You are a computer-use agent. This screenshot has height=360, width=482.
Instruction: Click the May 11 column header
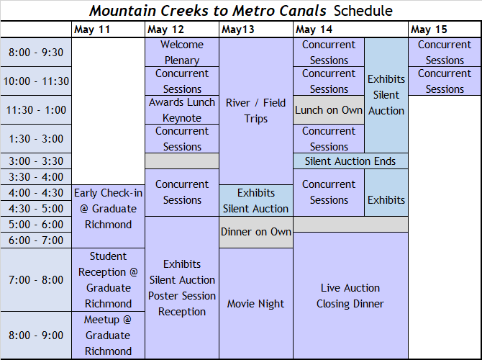click(x=92, y=30)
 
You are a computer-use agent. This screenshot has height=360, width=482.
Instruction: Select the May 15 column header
click(x=429, y=30)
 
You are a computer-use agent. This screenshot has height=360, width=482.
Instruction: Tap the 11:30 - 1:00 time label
click(x=36, y=110)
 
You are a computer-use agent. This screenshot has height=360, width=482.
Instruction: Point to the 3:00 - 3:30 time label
click(x=36, y=161)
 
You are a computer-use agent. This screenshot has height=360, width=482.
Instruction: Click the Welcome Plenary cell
click(x=182, y=52)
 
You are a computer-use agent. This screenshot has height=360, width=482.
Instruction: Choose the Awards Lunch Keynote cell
click(x=182, y=110)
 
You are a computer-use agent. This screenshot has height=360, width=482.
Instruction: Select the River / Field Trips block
click(x=256, y=111)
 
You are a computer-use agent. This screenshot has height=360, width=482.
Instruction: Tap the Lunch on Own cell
click(x=329, y=110)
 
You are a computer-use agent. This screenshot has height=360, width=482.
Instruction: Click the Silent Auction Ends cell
click(x=350, y=161)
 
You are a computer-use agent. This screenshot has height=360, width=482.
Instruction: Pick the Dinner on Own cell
click(x=256, y=232)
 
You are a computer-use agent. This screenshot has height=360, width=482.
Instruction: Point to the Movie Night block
click(x=256, y=303)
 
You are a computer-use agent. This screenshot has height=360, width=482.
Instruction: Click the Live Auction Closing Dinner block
click(x=350, y=295)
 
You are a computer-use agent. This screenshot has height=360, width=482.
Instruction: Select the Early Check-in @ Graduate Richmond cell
click(x=108, y=216)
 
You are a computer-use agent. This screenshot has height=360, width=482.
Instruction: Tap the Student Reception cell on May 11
click(x=108, y=279)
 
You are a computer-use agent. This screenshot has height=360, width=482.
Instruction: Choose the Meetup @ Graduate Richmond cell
click(x=108, y=335)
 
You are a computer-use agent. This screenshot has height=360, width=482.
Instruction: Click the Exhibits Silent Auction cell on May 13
click(x=256, y=200)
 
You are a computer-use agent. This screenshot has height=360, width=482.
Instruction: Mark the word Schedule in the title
click(x=363, y=11)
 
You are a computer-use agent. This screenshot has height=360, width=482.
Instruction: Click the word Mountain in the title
click(x=122, y=11)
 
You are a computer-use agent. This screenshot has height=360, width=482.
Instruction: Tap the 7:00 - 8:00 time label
click(x=36, y=279)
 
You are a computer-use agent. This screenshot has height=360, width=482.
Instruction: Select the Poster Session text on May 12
click(x=182, y=296)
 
